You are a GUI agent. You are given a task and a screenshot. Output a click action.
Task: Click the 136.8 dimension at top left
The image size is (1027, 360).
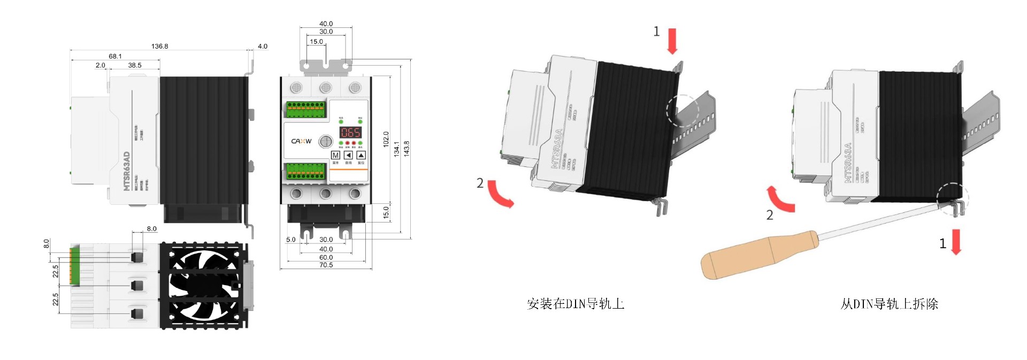pos(159,46)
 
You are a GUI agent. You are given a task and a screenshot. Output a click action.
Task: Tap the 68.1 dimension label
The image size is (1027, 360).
pos(115,56)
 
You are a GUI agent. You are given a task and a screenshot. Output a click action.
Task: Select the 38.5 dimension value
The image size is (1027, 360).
pos(135,65)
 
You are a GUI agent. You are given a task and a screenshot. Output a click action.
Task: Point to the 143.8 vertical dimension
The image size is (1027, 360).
pos(407,149)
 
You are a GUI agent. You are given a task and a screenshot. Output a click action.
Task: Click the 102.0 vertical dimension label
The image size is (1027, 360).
pos(386,139)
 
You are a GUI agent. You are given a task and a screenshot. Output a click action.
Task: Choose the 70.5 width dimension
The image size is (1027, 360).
pos(326,265)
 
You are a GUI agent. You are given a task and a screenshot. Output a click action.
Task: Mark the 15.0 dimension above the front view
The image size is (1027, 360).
pos(316,41)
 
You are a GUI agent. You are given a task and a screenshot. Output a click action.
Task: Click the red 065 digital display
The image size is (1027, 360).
pos(350,132)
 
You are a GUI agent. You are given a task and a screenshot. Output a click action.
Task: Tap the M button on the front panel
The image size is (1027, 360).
pos(336,155)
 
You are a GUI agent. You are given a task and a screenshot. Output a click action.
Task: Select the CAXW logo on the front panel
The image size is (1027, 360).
pos(301,141)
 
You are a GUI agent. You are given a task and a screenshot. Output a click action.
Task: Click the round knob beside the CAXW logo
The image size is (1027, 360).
pos(326,141)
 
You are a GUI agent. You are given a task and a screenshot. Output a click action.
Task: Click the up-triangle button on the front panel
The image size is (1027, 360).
pos(361,155)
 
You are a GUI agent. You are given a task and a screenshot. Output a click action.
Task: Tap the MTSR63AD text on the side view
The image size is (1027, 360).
pos(127,171)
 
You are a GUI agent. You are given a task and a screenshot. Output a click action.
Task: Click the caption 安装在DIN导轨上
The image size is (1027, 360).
pos(575,304)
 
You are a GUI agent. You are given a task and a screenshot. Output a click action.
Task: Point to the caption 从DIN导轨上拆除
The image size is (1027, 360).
pos(889,304)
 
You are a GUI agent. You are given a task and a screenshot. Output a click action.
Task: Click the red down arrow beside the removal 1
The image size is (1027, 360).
pos(956,242)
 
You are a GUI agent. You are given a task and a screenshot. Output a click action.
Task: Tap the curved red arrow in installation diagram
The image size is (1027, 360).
pos(501,194)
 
